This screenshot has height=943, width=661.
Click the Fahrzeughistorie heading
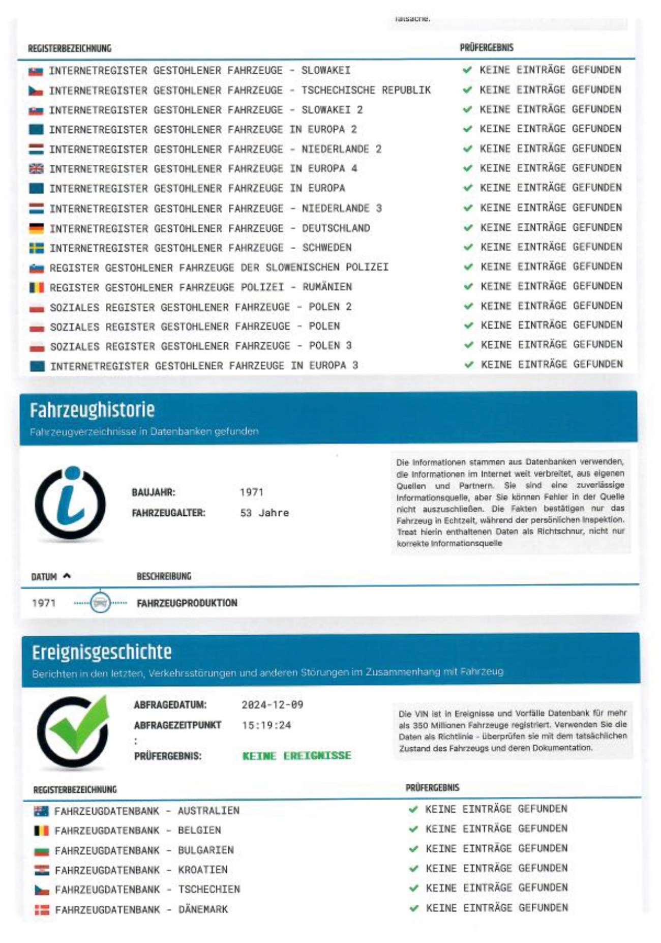92,410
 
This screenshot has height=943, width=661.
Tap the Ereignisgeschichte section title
102,652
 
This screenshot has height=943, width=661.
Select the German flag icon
37,228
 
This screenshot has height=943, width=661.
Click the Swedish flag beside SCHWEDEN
37,248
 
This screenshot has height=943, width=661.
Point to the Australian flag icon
41,811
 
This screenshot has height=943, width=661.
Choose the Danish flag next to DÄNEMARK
42,909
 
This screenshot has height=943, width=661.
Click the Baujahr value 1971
251,492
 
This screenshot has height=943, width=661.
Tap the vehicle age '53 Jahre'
264,513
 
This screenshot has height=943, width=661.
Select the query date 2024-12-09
273,704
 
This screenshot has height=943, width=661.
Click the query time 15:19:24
266,725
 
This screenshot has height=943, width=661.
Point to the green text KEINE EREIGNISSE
296,755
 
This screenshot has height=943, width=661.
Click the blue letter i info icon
70,503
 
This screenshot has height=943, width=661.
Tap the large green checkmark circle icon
74,730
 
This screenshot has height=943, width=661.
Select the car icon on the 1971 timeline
100,603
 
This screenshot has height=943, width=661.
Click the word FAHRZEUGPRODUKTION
187,603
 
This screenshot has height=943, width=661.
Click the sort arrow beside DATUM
67,576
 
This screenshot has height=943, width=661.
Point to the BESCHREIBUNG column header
164,576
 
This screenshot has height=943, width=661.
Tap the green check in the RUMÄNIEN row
468,286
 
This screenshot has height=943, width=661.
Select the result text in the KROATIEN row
496,868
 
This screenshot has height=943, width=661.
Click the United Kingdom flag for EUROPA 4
37,169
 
